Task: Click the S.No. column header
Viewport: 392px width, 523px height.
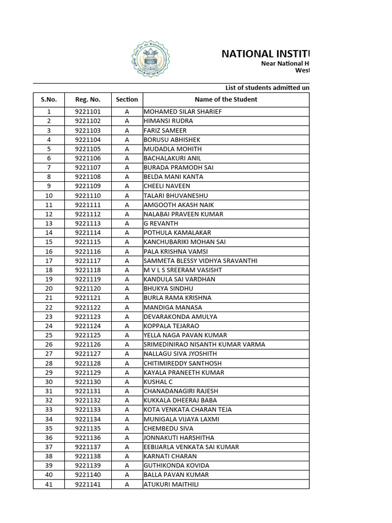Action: point(48,100)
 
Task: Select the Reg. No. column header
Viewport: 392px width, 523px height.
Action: point(88,100)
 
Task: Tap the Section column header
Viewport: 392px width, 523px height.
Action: point(127,100)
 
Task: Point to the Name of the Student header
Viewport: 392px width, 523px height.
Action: point(226,100)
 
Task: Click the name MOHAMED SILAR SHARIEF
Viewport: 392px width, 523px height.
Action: point(183,112)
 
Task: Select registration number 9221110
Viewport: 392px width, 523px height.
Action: point(88,196)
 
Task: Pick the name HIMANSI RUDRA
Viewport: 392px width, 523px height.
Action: point(168,121)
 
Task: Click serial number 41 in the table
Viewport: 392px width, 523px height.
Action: point(49,484)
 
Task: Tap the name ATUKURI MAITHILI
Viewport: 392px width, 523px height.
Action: point(170,484)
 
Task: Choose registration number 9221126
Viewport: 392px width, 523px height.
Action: point(88,345)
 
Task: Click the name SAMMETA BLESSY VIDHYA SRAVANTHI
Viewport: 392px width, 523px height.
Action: point(200,261)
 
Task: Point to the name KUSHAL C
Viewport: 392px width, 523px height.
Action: point(158,382)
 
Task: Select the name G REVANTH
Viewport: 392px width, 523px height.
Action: point(161,224)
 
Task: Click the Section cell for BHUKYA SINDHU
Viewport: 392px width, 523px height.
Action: point(127,289)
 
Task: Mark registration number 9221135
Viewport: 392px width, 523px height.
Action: point(88,429)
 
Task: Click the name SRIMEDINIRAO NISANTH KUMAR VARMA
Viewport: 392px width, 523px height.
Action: point(204,345)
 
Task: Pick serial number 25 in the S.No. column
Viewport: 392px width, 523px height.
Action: point(49,336)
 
